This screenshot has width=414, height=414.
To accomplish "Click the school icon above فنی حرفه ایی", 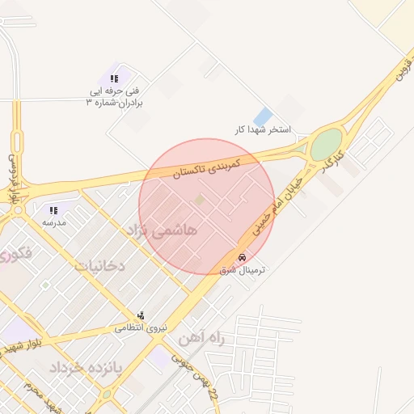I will [114, 78].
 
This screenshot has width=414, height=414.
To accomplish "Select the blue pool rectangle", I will [263, 116].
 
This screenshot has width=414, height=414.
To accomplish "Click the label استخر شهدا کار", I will [262, 129].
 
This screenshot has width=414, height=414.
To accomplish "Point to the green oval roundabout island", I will [326, 146].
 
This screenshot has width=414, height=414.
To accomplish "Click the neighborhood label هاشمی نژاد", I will [163, 230].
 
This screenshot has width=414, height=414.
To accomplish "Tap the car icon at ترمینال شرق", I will [243, 257].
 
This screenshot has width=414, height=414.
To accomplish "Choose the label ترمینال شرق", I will [243, 270].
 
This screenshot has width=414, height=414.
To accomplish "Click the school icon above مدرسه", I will [54, 210].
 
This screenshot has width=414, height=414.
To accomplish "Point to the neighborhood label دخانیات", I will [100, 264].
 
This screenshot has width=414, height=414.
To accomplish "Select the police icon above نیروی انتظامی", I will [142, 315].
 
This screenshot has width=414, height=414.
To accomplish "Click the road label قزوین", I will [402, 73].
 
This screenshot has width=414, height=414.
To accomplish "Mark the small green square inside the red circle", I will [200, 199].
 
